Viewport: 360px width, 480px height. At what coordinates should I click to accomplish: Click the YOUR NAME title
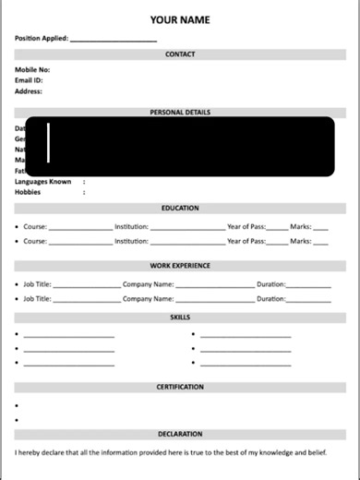tap(180, 19)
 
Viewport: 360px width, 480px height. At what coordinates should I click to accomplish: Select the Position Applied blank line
tap(113, 41)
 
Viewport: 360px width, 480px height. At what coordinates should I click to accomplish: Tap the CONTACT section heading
tap(180, 54)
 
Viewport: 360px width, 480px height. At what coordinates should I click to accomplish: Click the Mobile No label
tap(32, 69)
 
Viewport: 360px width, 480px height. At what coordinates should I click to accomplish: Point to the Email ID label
tap(30, 80)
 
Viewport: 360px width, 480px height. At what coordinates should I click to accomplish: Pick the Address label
tap(29, 91)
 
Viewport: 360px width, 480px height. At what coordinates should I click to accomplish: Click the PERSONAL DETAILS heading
tap(180, 113)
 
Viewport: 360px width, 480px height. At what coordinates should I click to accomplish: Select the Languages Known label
tap(42, 182)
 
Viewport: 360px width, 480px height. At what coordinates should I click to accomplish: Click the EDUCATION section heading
tap(180, 209)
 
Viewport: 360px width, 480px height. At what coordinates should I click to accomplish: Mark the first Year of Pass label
tap(246, 226)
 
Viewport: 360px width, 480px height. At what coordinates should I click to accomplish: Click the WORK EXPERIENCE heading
tap(180, 266)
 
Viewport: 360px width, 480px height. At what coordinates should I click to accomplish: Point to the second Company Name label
tap(148, 299)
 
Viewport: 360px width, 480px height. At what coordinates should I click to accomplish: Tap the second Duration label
tap(271, 299)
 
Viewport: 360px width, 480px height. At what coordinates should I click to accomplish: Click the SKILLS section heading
tap(180, 317)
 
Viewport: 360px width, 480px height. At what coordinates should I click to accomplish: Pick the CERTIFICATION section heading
tap(180, 387)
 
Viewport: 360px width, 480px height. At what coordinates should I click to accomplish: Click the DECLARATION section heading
tap(180, 434)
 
